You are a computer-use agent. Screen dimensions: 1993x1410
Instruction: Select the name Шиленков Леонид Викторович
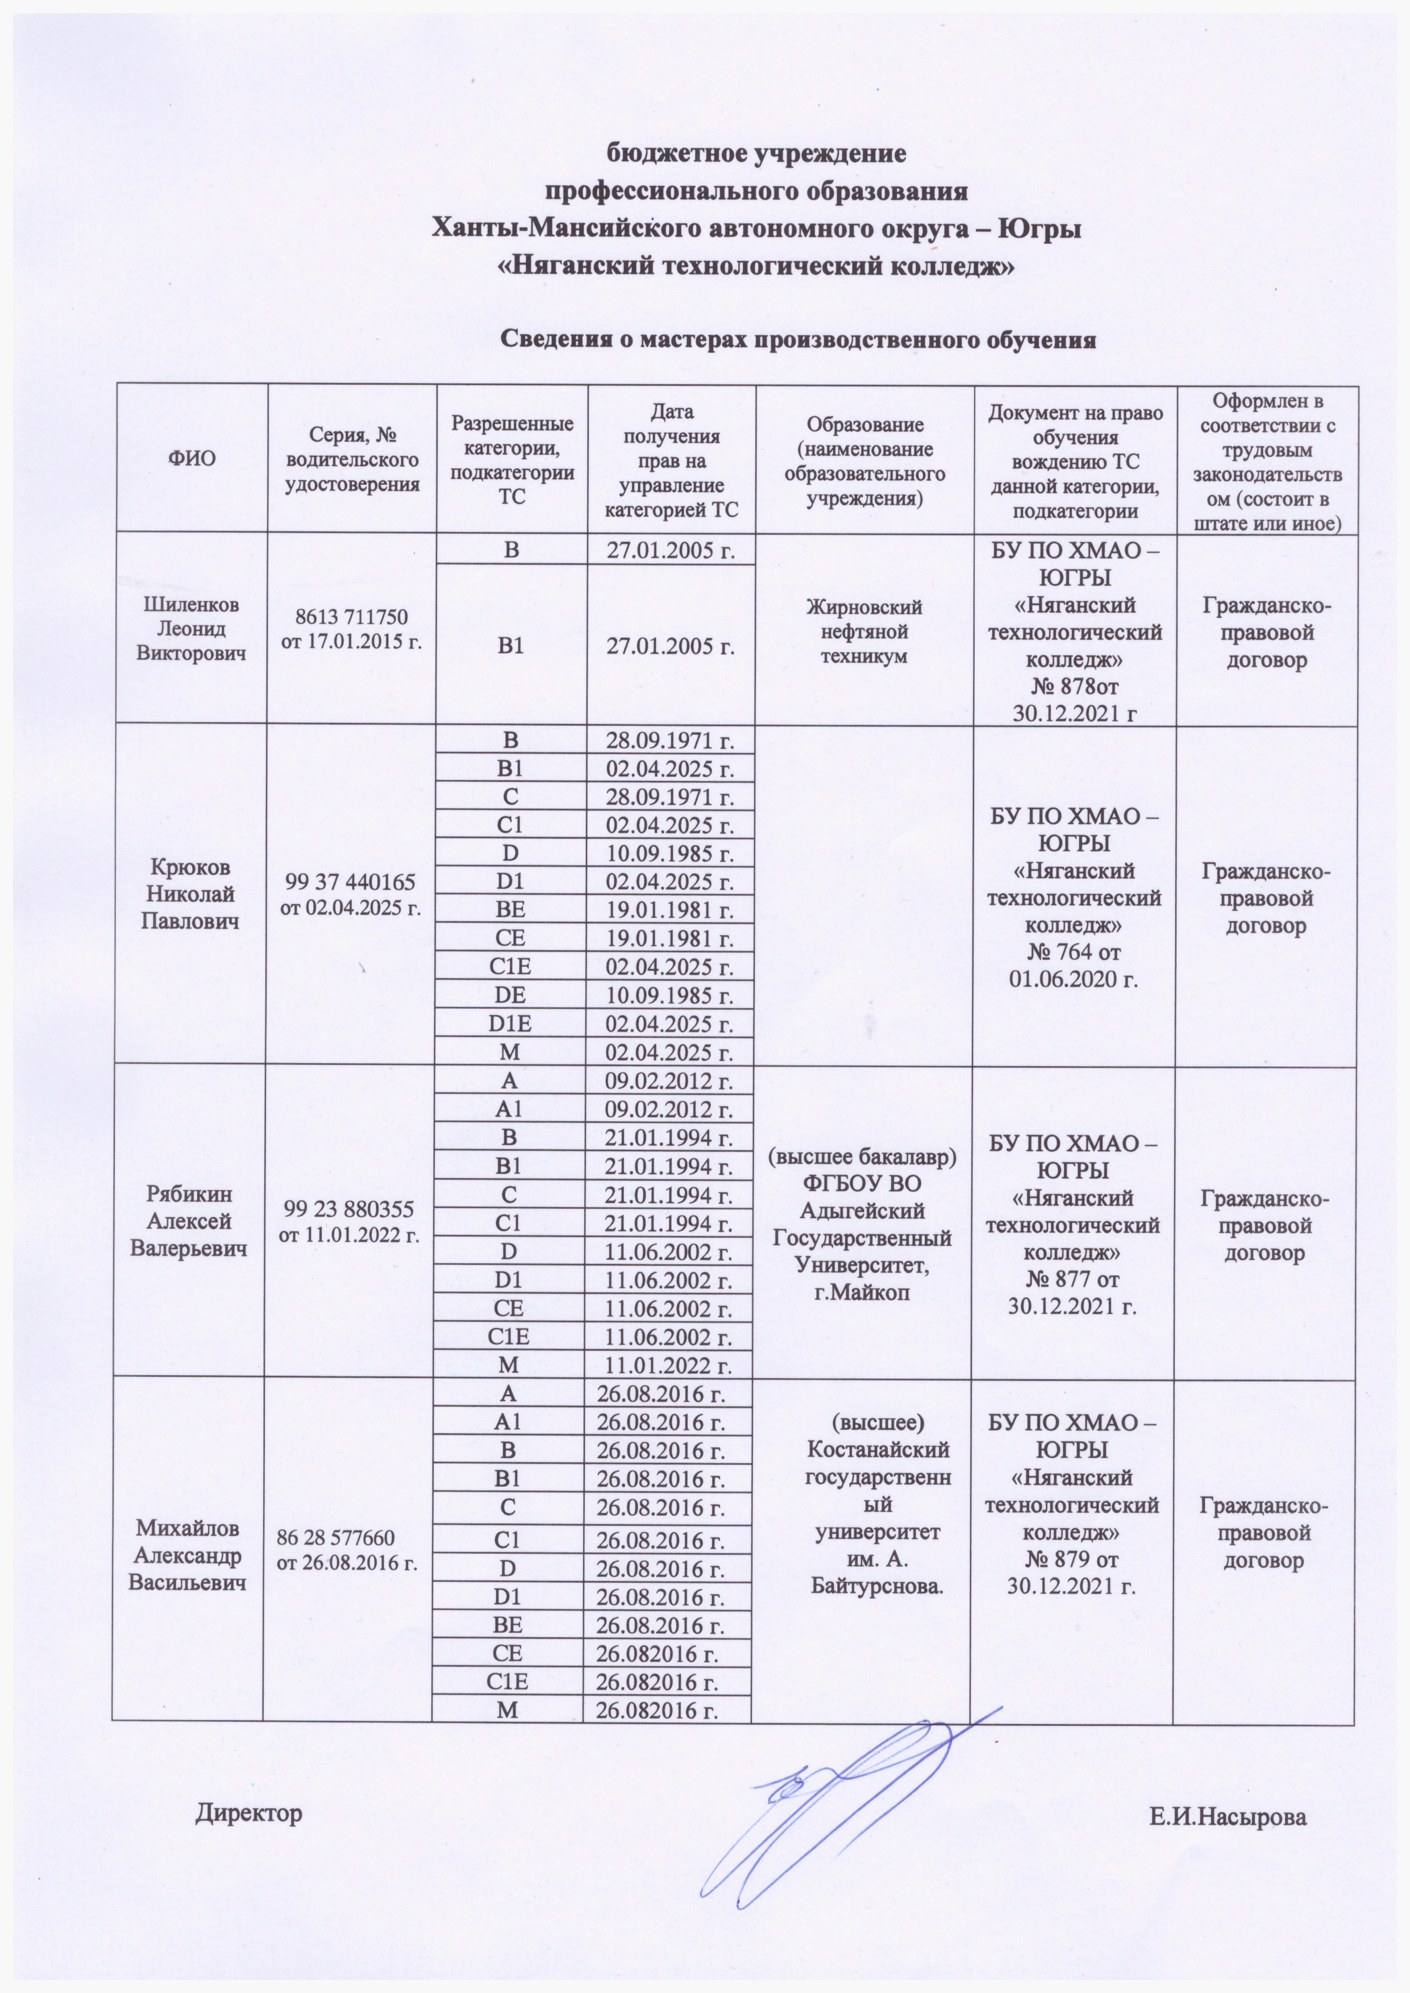point(191,629)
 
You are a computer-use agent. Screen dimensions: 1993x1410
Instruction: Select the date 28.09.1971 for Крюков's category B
point(670,740)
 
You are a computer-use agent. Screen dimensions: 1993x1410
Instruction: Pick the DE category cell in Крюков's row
point(510,995)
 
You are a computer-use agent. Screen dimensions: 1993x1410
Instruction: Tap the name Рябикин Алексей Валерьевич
point(189,1221)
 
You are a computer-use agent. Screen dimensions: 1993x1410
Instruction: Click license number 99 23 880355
point(350,1208)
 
